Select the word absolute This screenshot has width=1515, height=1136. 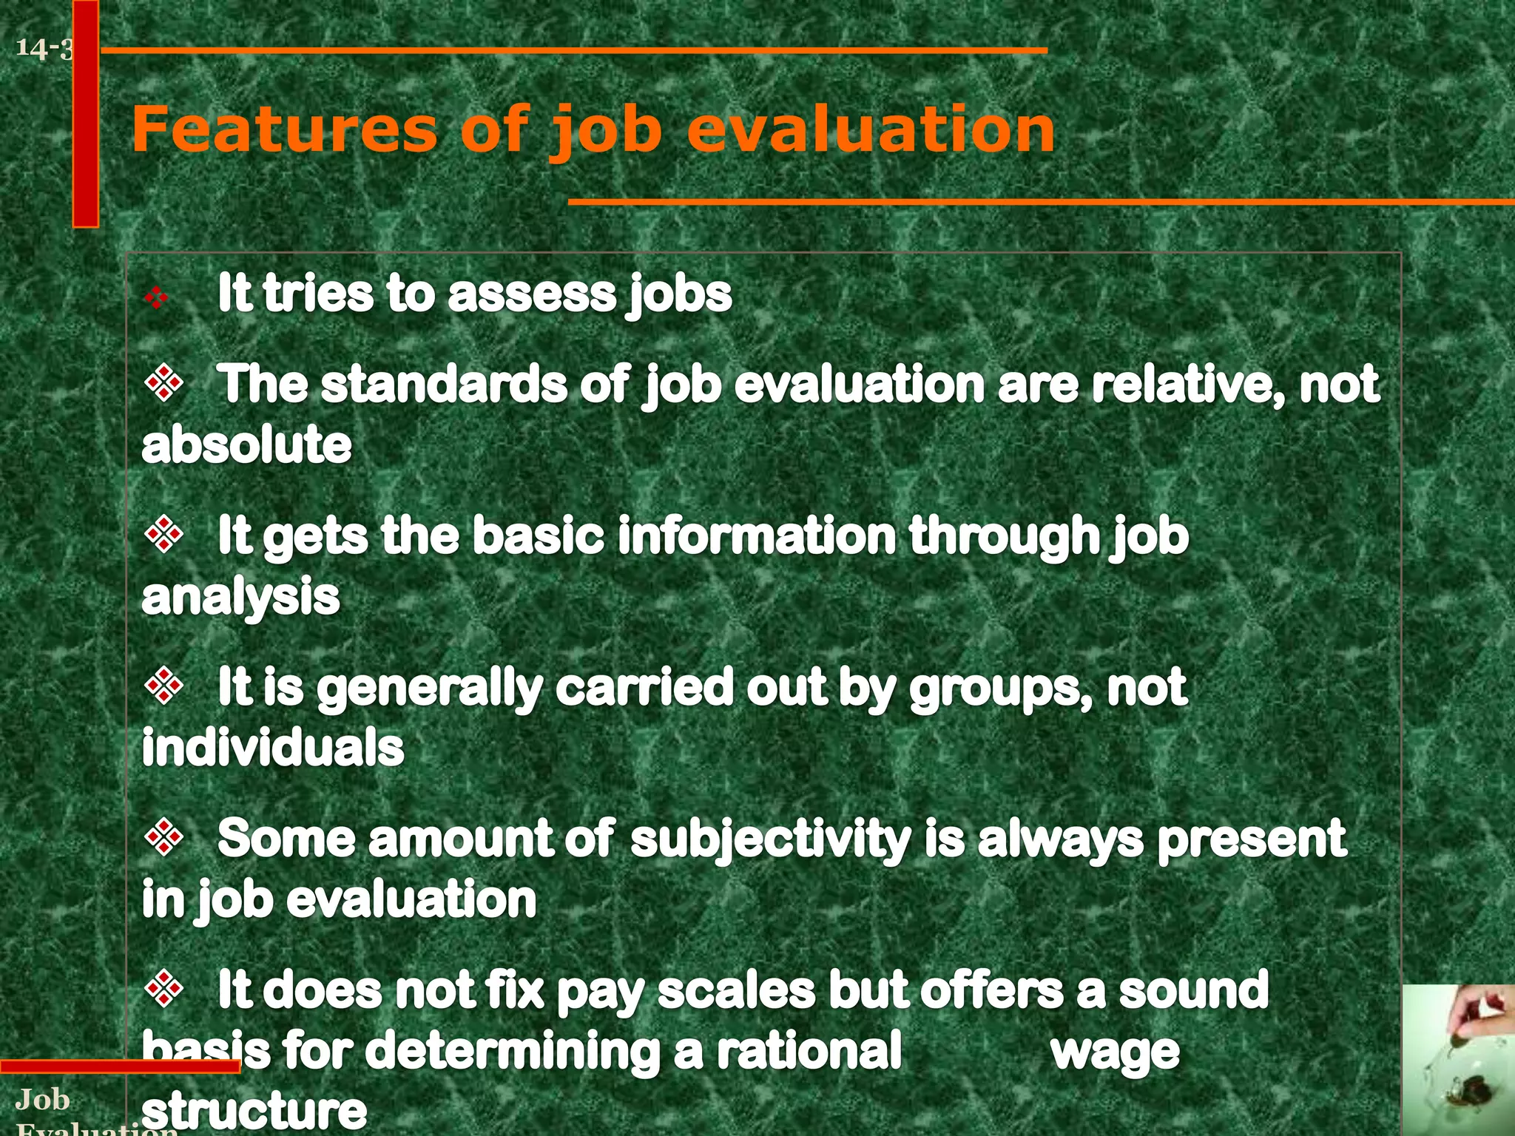coord(246,444)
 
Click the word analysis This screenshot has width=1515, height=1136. coord(240,597)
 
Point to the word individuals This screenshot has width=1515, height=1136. coord(273,748)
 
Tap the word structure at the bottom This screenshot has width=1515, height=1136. coord(254,1109)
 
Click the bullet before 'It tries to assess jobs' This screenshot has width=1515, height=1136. coord(156,297)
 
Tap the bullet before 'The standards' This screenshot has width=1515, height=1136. coord(164,383)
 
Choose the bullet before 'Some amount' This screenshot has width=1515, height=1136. coord(164,837)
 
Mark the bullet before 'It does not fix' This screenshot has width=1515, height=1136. coord(164,989)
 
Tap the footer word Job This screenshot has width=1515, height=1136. coord(43,1100)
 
